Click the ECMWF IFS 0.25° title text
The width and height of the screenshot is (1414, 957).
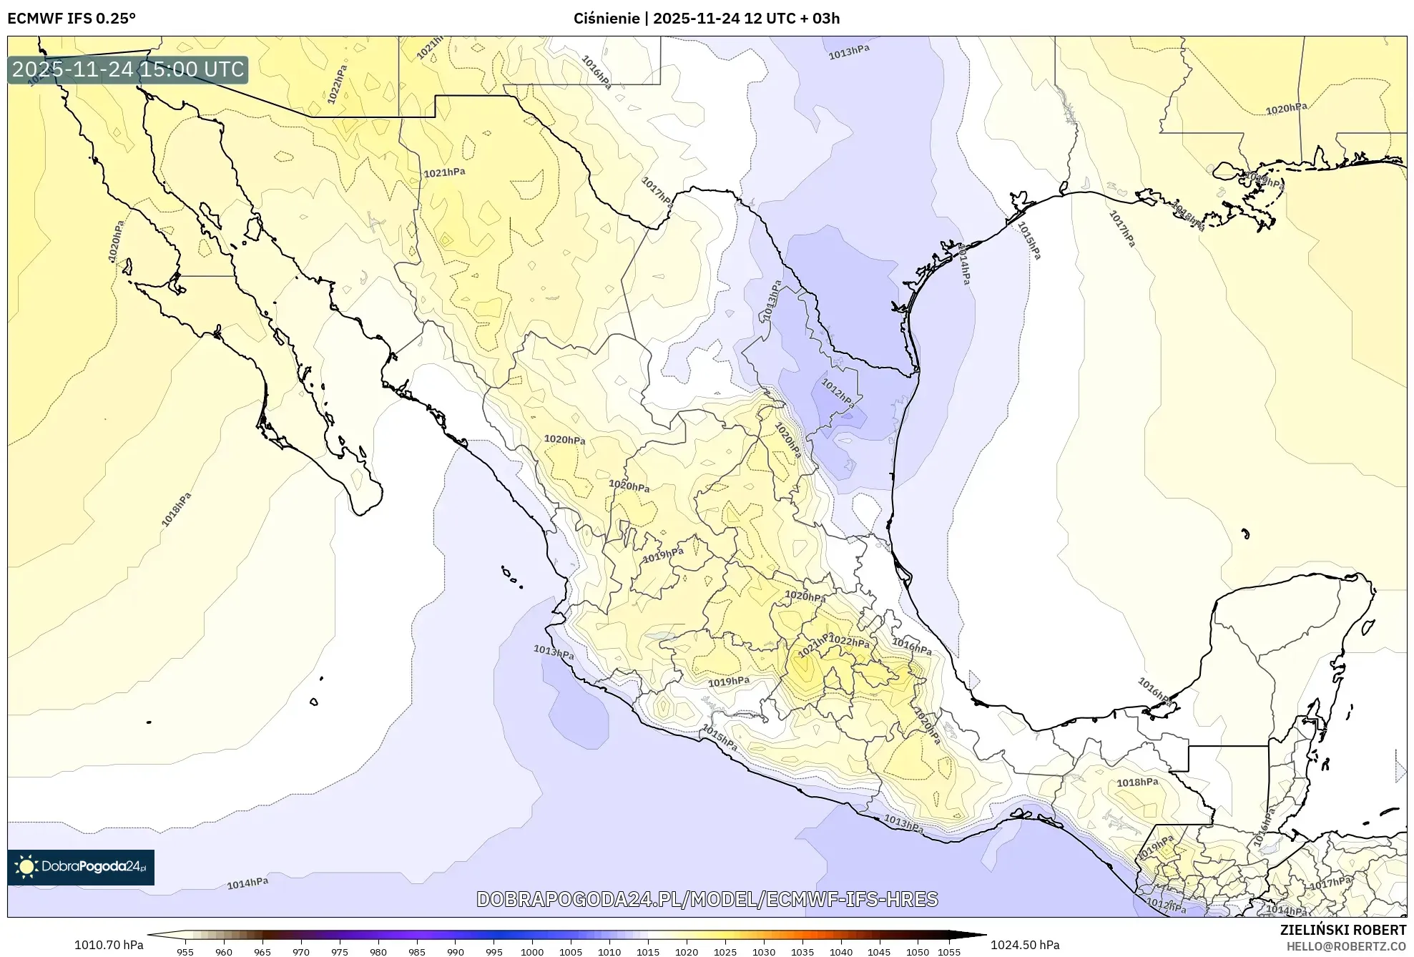71,19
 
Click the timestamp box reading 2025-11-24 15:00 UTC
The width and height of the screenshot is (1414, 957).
128,69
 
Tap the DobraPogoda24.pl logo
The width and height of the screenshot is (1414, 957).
81,867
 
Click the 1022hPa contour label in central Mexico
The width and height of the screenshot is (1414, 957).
849,642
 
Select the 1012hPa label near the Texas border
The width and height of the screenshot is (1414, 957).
838,393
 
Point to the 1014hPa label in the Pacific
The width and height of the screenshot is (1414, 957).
247,883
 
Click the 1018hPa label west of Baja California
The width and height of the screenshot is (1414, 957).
176,509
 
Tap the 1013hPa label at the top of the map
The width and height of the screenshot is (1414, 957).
849,51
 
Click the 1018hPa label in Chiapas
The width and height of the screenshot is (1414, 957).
1137,782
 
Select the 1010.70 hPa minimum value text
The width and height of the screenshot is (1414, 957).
109,945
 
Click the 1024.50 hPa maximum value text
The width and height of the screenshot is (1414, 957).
1025,945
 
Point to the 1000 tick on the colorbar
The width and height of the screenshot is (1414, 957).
531,952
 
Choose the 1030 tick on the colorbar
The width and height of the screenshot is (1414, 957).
763,952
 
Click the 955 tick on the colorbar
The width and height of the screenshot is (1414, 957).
185,952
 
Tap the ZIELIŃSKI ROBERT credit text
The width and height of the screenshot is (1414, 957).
1342,930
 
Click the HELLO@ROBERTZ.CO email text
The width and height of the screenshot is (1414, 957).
1346,946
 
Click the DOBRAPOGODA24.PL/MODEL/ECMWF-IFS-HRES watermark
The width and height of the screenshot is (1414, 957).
707,899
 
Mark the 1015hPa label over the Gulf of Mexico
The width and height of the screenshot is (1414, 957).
1029,240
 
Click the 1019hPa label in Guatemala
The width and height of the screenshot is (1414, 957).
1156,847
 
